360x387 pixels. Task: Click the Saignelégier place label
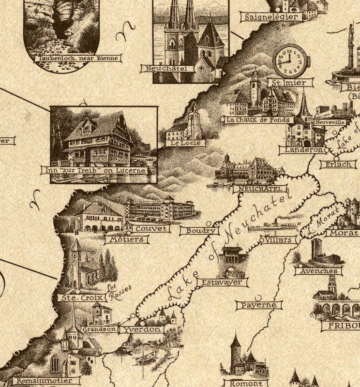pos(272,16)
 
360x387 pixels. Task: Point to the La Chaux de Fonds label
pos(257,119)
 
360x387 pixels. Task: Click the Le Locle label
pos(185,143)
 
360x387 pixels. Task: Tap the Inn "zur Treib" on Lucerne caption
pos(94,171)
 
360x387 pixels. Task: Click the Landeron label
pos(301,150)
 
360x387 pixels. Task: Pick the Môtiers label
pos(126,239)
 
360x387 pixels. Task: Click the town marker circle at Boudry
pos(209,223)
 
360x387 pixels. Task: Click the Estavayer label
pos(223,282)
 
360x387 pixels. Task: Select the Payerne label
pos(259,305)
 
